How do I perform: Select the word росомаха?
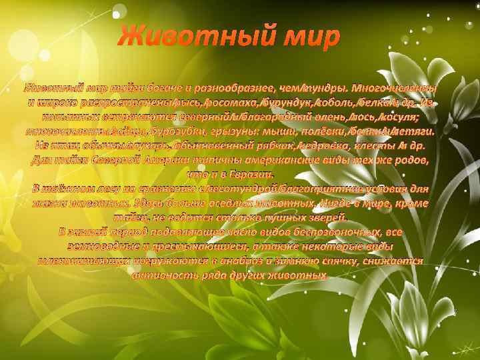click(232, 101)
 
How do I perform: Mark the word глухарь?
click(144, 145)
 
